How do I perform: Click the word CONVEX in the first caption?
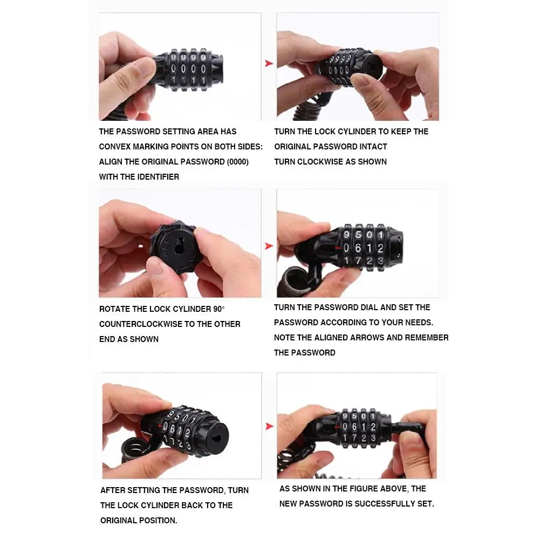click(x=115, y=147)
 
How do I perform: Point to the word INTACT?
click(x=373, y=147)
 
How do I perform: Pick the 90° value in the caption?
click(x=218, y=309)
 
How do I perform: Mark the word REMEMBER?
click(x=428, y=338)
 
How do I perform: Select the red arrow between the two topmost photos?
click(x=269, y=64)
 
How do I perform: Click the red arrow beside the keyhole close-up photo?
click(x=269, y=247)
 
